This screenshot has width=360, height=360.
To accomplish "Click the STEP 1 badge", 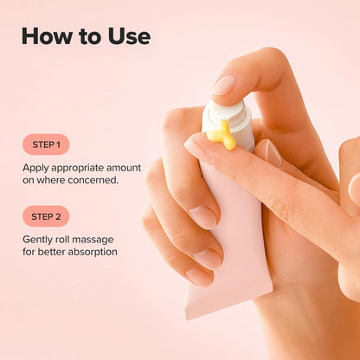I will pyautogui.click(x=46, y=145).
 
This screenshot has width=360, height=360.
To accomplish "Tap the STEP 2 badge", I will pyautogui.click(x=46, y=216).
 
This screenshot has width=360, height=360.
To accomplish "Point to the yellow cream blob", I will pyautogui.click(x=222, y=134).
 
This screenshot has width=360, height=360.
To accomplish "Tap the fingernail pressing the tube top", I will pyautogui.click(x=224, y=85).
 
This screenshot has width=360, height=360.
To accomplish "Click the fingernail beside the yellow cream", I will pyautogui.click(x=198, y=151).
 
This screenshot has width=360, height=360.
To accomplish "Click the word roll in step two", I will pyautogui.click(x=68, y=239).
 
